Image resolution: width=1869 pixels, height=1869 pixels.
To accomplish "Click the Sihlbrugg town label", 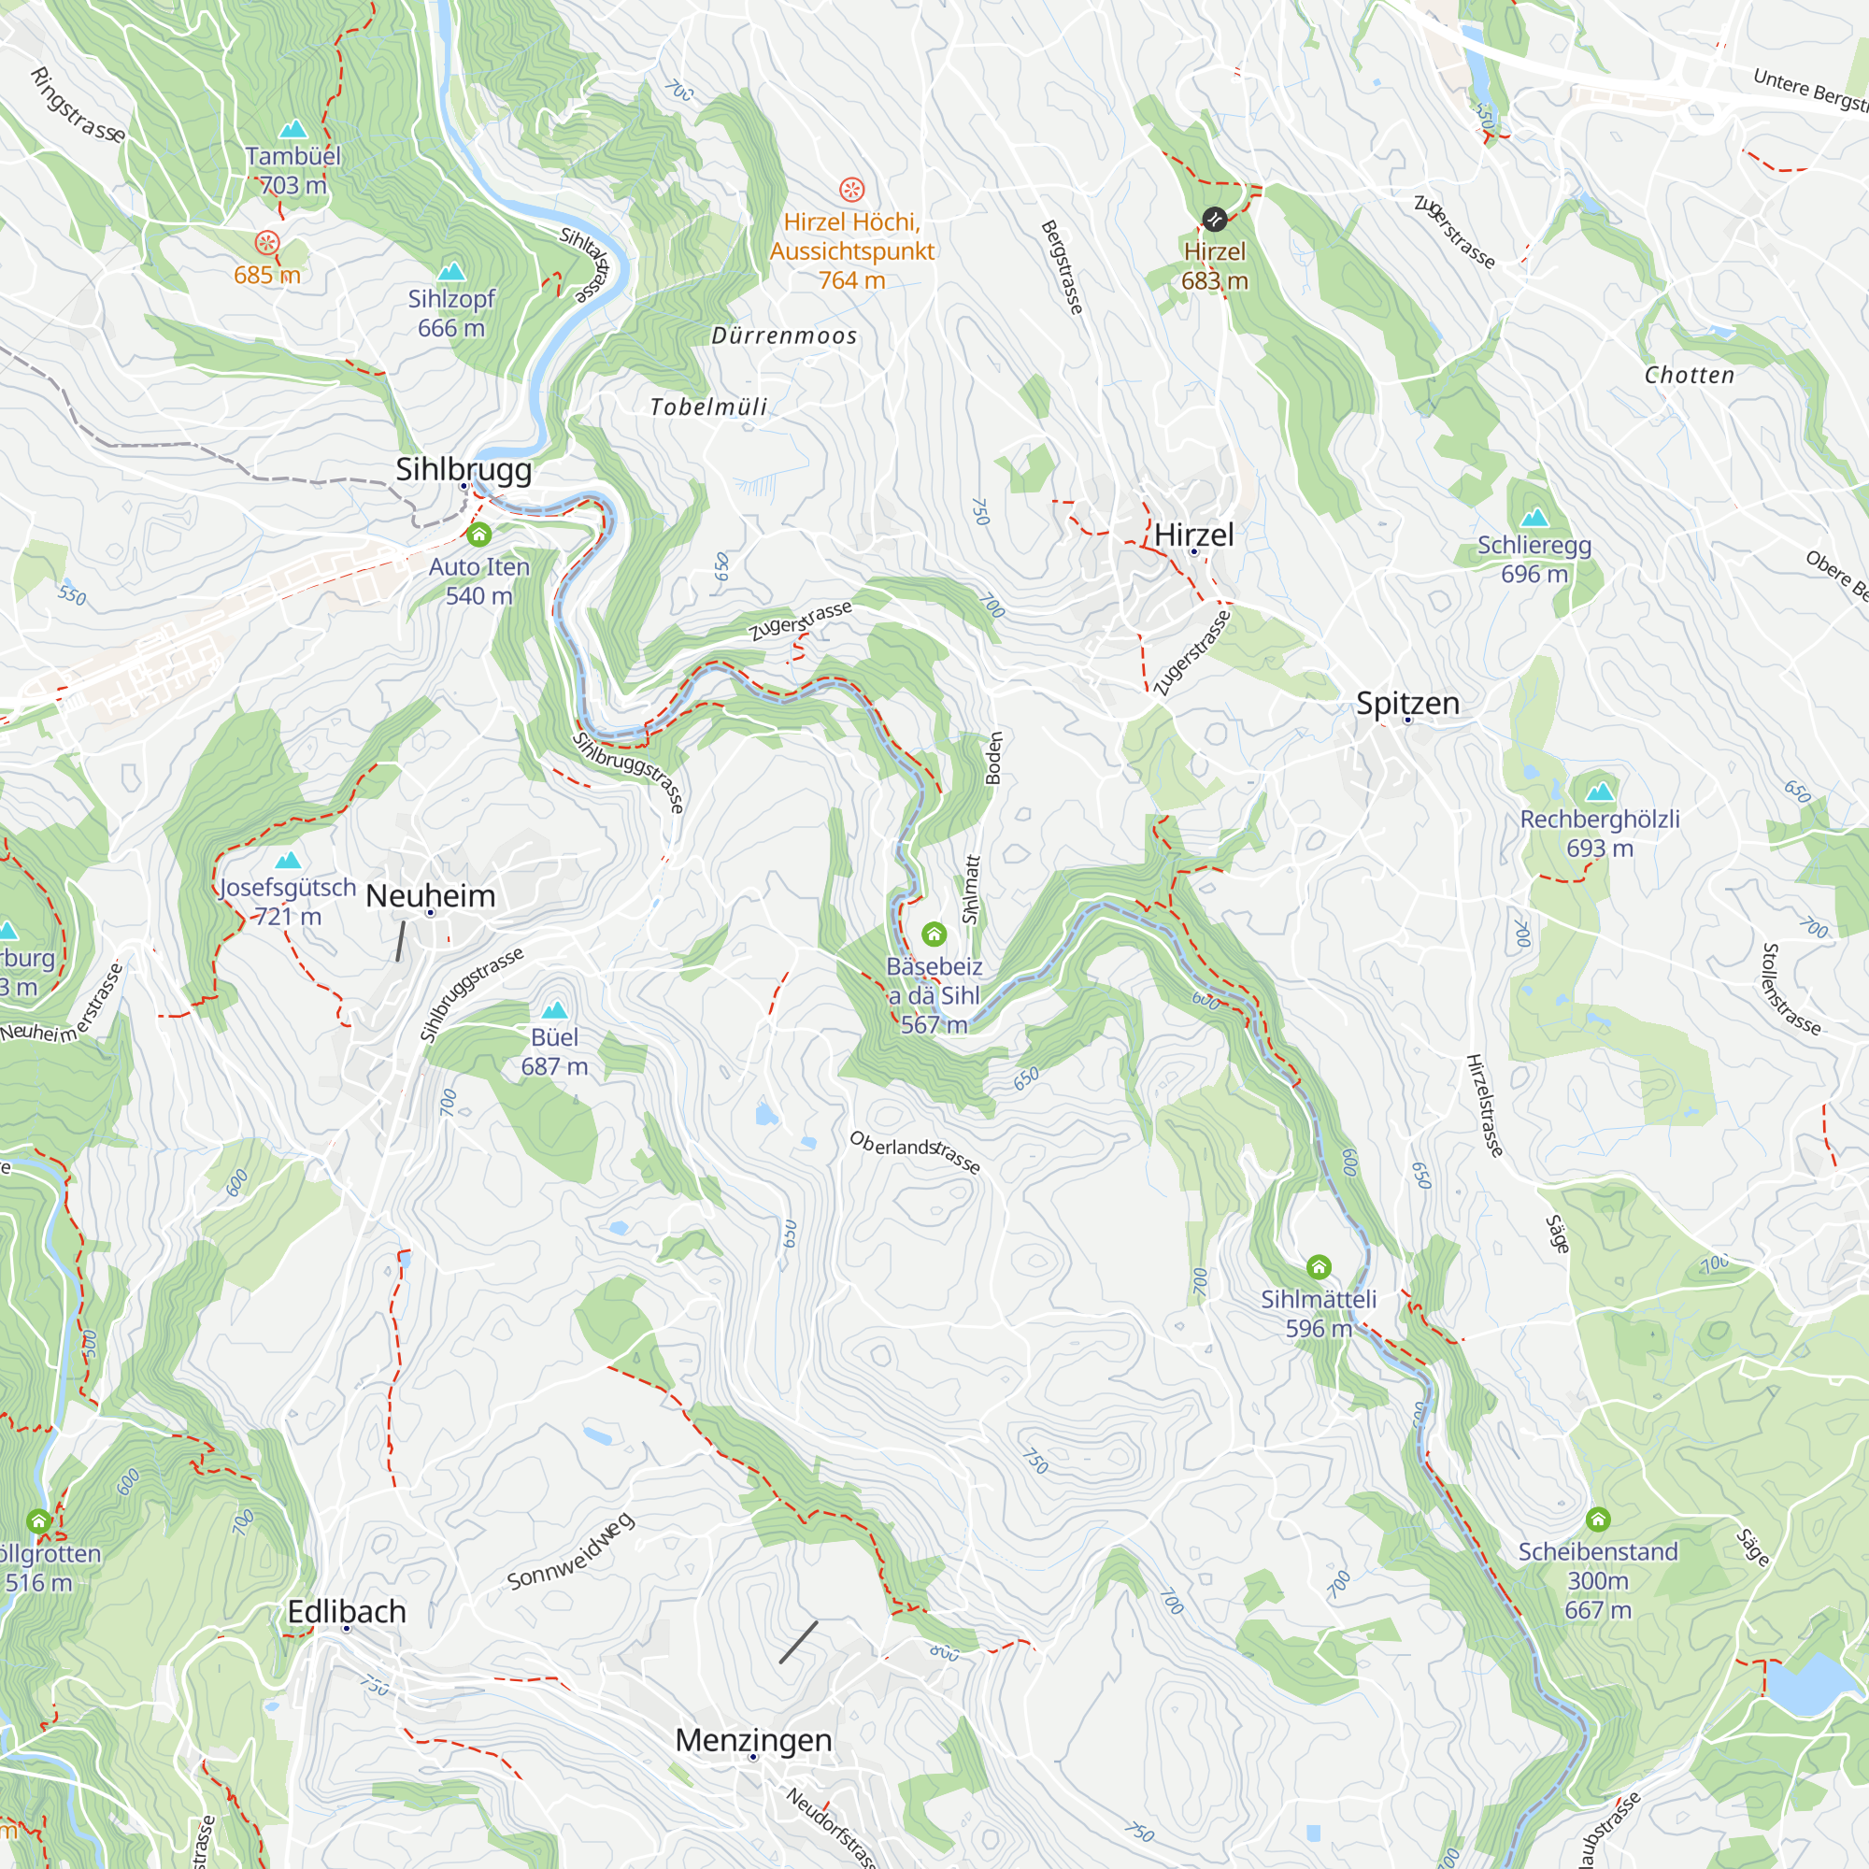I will [x=464, y=470].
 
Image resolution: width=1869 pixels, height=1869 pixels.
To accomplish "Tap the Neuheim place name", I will [x=431, y=896].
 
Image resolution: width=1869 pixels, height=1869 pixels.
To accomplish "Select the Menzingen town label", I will [x=752, y=1739].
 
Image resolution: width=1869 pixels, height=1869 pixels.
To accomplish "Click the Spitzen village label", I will [x=1406, y=704].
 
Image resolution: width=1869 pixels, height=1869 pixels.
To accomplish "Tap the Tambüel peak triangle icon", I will [x=292, y=130].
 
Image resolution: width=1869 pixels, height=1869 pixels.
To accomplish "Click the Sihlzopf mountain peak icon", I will [x=450, y=272].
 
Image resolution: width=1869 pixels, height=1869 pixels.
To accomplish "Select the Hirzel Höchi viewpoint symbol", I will [x=851, y=189].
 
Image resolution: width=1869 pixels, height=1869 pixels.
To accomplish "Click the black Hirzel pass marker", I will [x=1214, y=219].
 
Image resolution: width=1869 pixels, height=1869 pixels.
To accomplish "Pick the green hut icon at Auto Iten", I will [x=478, y=534].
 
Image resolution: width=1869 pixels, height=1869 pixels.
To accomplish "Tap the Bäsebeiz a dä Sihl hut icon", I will [x=934, y=934].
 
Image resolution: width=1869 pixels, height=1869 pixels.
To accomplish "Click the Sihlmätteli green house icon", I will [x=1319, y=1266].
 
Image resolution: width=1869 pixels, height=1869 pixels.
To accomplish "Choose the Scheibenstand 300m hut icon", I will [x=1597, y=1519].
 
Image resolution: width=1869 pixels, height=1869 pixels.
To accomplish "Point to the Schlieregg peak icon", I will [x=1534, y=518].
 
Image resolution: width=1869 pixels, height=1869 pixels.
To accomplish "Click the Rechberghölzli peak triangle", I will [x=1600, y=792].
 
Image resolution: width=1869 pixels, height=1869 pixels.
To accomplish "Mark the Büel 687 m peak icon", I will [x=554, y=1010].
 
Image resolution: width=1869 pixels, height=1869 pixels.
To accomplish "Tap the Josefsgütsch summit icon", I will [x=287, y=860].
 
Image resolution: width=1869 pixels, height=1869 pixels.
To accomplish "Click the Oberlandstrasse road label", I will [x=914, y=1151].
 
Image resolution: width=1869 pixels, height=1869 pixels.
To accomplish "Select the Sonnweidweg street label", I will [x=571, y=1550].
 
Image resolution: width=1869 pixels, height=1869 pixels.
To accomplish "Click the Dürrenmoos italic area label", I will [x=784, y=335].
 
